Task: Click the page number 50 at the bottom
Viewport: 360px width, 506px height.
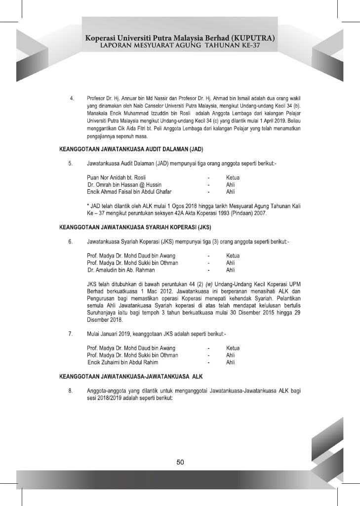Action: pyautogui.click(x=180, y=463)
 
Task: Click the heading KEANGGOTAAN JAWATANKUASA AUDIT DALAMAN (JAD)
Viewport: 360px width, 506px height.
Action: pyautogui.click(x=132, y=149)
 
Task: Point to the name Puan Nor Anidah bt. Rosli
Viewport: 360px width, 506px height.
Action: pyautogui.click(x=116, y=177)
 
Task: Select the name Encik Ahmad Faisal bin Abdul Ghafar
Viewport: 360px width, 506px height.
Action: pyautogui.click(x=129, y=191)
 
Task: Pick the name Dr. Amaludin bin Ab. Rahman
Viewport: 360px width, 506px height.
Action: pyautogui.click(x=121, y=270)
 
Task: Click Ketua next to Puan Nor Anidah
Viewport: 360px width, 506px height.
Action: pyautogui.click(x=233, y=177)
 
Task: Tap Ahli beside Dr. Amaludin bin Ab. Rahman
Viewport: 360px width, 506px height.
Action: pyautogui.click(x=230, y=270)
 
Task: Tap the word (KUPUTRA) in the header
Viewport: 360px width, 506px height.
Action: pyautogui.click(x=249, y=38)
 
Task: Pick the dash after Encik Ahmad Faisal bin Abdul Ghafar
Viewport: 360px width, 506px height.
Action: pyautogui.click(x=209, y=191)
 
